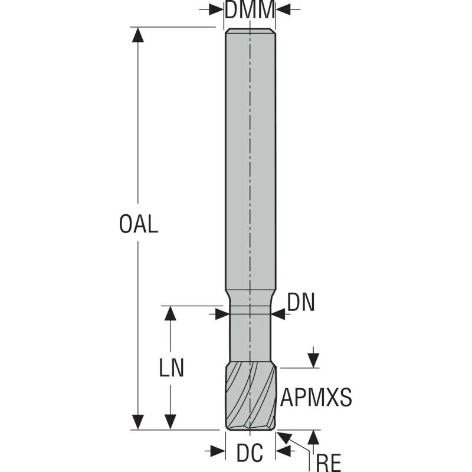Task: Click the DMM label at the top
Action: pyautogui.click(x=250, y=10)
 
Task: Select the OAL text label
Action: pyautogui.click(x=139, y=225)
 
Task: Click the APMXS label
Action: pyautogui.click(x=316, y=398)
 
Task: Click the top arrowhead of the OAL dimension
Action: pyautogui.click(x=138, y=35)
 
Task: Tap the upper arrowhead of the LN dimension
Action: pyautogui.click(x=171, y=313)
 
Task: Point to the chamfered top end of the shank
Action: pyautogui.click(x=250, y=31)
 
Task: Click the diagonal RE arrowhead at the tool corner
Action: pyautogui.click(x=284, y=437)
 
